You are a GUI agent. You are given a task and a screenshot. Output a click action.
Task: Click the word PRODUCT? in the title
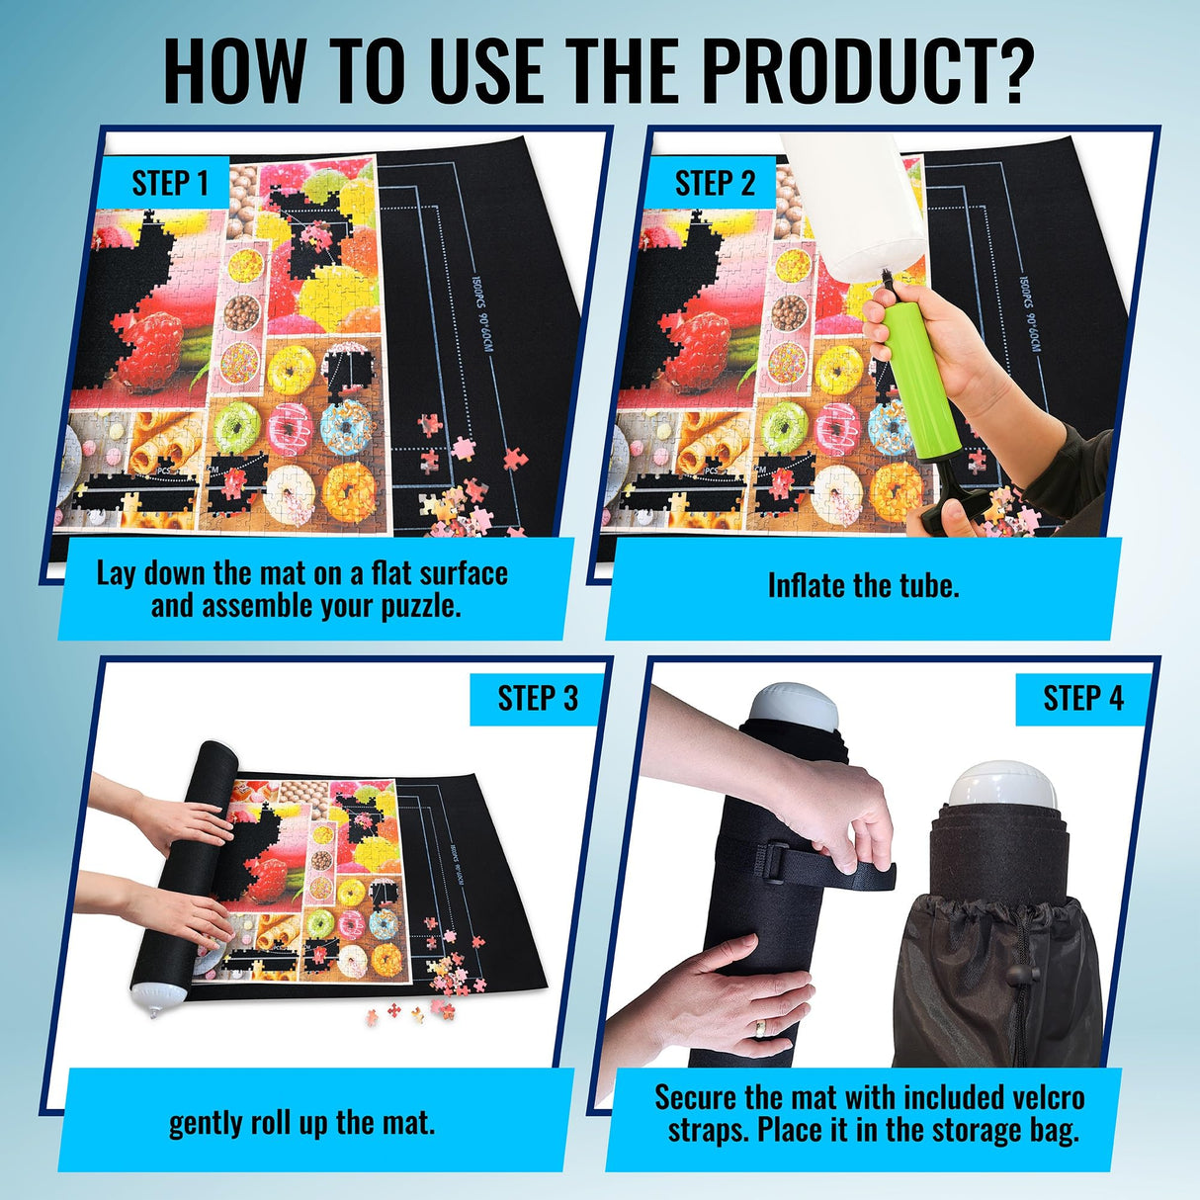868,71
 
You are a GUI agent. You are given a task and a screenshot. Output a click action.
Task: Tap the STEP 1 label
170,184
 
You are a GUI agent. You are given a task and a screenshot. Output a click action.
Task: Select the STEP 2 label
714,184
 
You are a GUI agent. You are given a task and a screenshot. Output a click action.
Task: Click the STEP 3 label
538,698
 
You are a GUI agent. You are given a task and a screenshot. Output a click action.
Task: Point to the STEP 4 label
1083,698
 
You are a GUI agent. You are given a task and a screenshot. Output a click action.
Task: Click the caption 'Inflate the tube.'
863,585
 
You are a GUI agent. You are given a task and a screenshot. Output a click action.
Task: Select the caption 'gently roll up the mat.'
301,1123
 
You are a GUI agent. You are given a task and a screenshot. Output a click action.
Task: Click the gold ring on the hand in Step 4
759,1028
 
